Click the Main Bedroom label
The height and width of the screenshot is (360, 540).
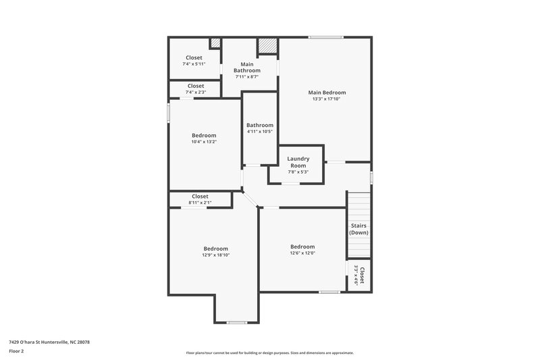pyautogui.click(x=327, y=93)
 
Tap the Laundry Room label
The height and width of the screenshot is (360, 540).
pyautogui.click(x=298, y=162)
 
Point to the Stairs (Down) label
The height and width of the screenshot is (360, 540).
pyautogui.click(x=358, y=229)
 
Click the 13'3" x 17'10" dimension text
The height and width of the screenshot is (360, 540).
pyautogui.click(x=327, y=99)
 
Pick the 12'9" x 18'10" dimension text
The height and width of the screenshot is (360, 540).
pyautogui.click(x=215, y=255)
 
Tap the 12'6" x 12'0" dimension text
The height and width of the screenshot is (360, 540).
pyautogui.click(x=302, y=253)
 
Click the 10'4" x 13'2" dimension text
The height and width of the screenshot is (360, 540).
pyautogui.click(x=204, y=142)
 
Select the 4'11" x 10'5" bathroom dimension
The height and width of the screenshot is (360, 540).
pyautogui.click(x=260, y=132)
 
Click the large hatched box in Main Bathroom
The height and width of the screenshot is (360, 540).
pyautogui.click(x=267, y=46)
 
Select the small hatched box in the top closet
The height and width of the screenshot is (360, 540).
pyautogui.click(x=215, y=43)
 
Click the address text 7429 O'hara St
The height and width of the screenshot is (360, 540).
pyautogui.click(x=50, y=342)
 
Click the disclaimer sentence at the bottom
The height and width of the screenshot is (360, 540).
pyautogui.click(x=269, y=353)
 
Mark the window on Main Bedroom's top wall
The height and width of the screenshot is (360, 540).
pyautogui.click(x=326, y=37)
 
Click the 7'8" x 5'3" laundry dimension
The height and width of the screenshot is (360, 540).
pyautogui.click(x=298, y=172)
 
